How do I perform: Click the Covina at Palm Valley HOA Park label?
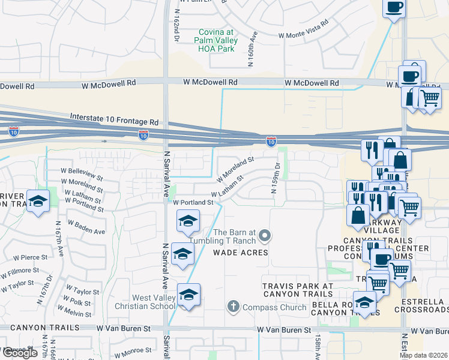tap(215, 41)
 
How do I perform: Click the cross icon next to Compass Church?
tap(234, 308)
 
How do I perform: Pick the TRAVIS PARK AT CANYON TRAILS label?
tap(297, 289)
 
